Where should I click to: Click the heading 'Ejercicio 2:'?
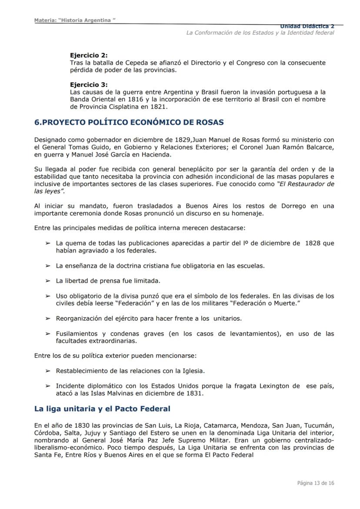point(89,56)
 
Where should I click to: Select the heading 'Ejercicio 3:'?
point(89,85)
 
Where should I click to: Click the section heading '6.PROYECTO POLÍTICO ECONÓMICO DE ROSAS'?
point(129,123)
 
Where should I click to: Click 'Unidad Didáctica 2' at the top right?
point(307,26)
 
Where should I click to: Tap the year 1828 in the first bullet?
point(313,243)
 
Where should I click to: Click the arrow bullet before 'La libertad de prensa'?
point(48,281)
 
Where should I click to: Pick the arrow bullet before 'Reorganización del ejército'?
point(48,319)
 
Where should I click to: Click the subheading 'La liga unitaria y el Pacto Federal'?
point(102,409)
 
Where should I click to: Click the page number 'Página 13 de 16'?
point(316,483)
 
